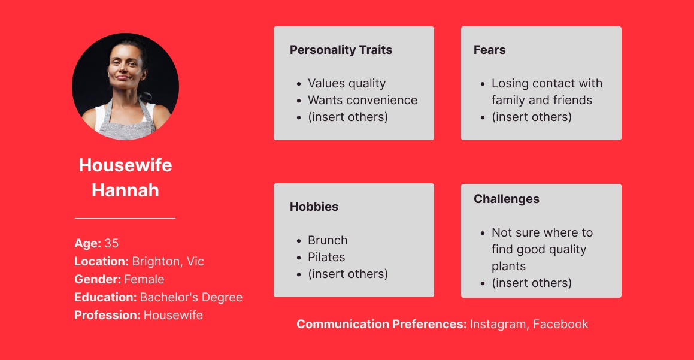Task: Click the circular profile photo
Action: (125, 86)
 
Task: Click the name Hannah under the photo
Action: (125, 190)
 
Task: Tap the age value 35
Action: (111, 243)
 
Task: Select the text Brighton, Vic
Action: (168, 261)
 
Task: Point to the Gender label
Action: (98, 279)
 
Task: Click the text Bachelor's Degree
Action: (191, 297)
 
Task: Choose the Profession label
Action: (107, 315)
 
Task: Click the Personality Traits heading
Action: (341, 50)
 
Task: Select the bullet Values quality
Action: (347, 83)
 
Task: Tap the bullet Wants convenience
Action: (362, 100)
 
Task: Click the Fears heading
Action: (490, 50)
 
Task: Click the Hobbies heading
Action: (314, 206)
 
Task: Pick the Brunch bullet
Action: (328, 240)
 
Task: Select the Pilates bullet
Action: (326, 257)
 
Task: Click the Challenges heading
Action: (507, 199)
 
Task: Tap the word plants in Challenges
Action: (508, 266)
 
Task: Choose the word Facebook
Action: (560, 324)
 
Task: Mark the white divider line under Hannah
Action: (125, 218)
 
